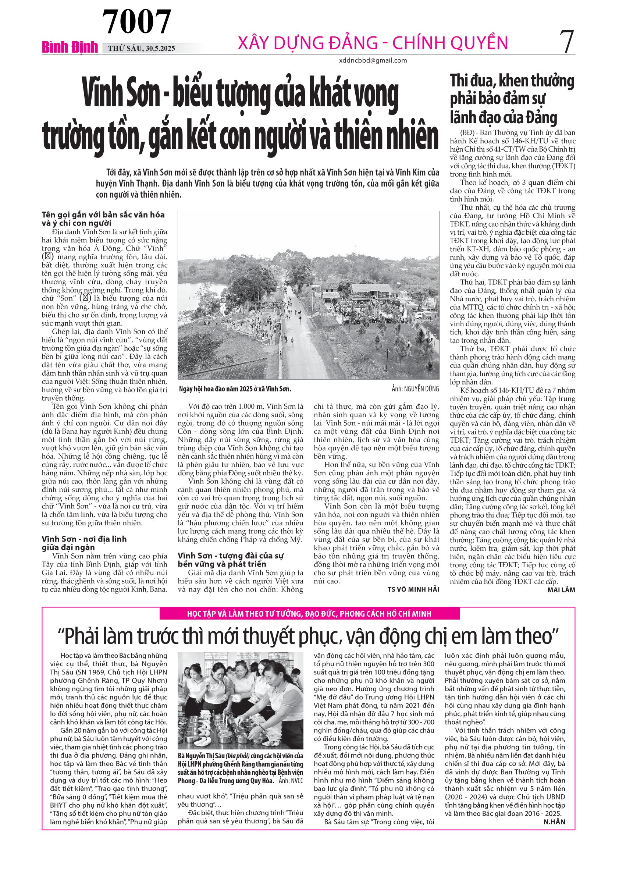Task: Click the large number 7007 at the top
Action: click(x=137, y=22)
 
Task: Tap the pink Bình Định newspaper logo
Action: click(x=70, y=47)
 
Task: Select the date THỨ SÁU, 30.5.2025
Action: click(x=142, y=49)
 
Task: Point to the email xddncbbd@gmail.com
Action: click(x=373, y=60)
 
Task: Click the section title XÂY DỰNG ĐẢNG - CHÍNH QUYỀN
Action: click(x=373, y=43)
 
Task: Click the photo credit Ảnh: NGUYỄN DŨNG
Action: click(x=415, y=389)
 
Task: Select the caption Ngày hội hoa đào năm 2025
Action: click(x=235, y=389)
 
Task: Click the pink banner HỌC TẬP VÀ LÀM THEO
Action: click(x=309, y=614)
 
